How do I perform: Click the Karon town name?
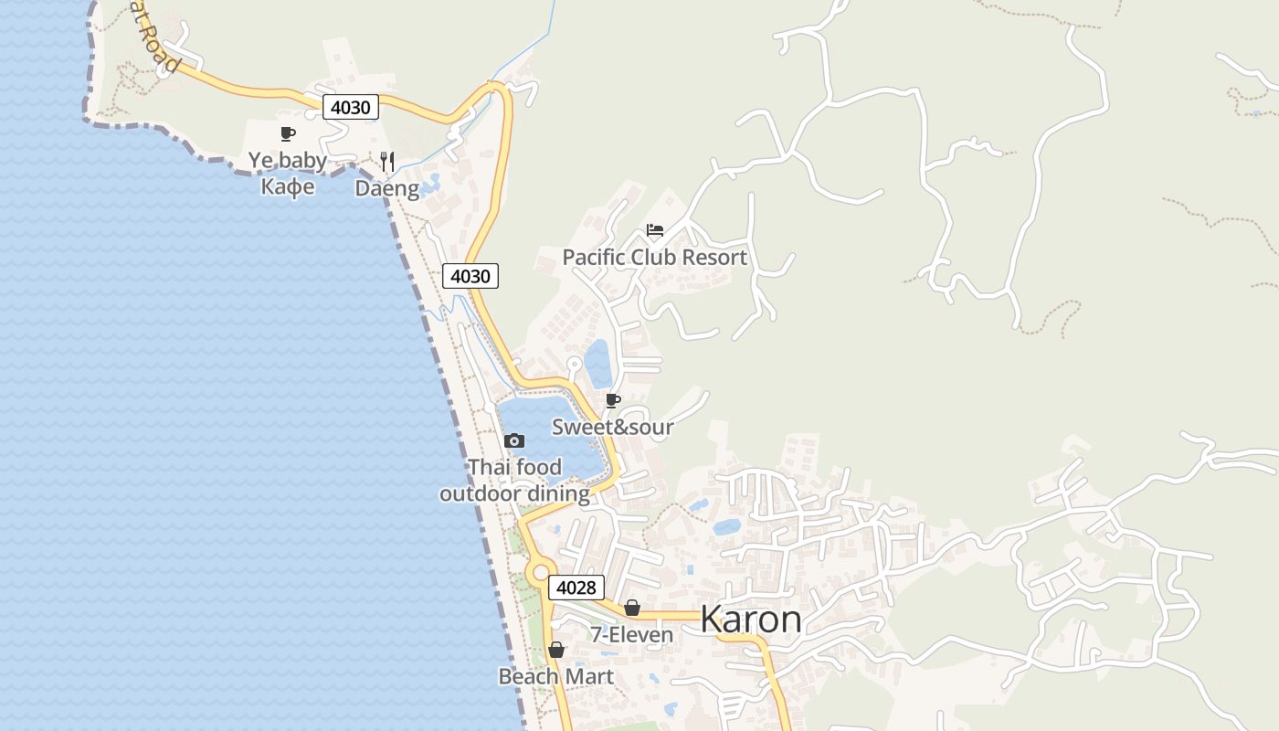751,620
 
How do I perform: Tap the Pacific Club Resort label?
654,258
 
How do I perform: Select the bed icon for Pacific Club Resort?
654,229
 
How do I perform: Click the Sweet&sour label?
612,427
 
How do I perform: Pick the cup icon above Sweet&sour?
612,400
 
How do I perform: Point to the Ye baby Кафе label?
288,174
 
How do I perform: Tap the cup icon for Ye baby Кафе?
288,134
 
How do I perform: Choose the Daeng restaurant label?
387,189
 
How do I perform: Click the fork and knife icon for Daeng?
387,162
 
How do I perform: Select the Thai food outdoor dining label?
514,481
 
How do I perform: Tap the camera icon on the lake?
514,441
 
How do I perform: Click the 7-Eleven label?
631,634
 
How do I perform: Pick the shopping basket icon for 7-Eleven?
631,608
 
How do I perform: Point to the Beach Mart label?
555,676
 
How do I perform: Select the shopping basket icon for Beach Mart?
555,650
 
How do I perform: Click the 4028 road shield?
576,588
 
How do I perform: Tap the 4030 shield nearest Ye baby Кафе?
351,108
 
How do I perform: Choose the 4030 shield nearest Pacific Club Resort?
470,276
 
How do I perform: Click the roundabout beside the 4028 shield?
537,573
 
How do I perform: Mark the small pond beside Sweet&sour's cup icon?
598,364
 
